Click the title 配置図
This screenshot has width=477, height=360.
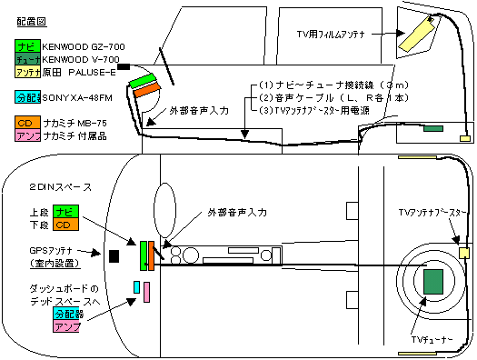coord(32,22)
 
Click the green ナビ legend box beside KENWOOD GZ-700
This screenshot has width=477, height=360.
coord(27,46)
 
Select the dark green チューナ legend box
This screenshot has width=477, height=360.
coord(27,59)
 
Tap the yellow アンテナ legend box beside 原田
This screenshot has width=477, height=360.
coord(27,72)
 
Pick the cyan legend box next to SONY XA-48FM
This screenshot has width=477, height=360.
coord(27,97)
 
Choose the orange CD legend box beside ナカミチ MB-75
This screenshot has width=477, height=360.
coord(27,123)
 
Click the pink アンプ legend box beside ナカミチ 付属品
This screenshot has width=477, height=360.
coord(27,135)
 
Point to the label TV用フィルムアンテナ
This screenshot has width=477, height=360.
coord(331,34)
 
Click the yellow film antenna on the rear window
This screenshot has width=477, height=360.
coord(417,34)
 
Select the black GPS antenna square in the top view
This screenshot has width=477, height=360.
coord(114,256)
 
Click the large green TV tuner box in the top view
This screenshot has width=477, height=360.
coord(433,282)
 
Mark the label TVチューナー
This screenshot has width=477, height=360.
coord(432,340)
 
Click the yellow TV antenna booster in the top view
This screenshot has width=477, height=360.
coord(464,254)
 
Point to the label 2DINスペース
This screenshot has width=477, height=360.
coord(61,187)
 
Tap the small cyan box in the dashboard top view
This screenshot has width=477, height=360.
coord(137,287)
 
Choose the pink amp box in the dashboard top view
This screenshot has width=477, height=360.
coord(146,292)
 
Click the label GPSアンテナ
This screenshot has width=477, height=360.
coord(51,251)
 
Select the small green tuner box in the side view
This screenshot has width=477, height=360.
coord(433,129)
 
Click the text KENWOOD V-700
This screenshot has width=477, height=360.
coord(81,59)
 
